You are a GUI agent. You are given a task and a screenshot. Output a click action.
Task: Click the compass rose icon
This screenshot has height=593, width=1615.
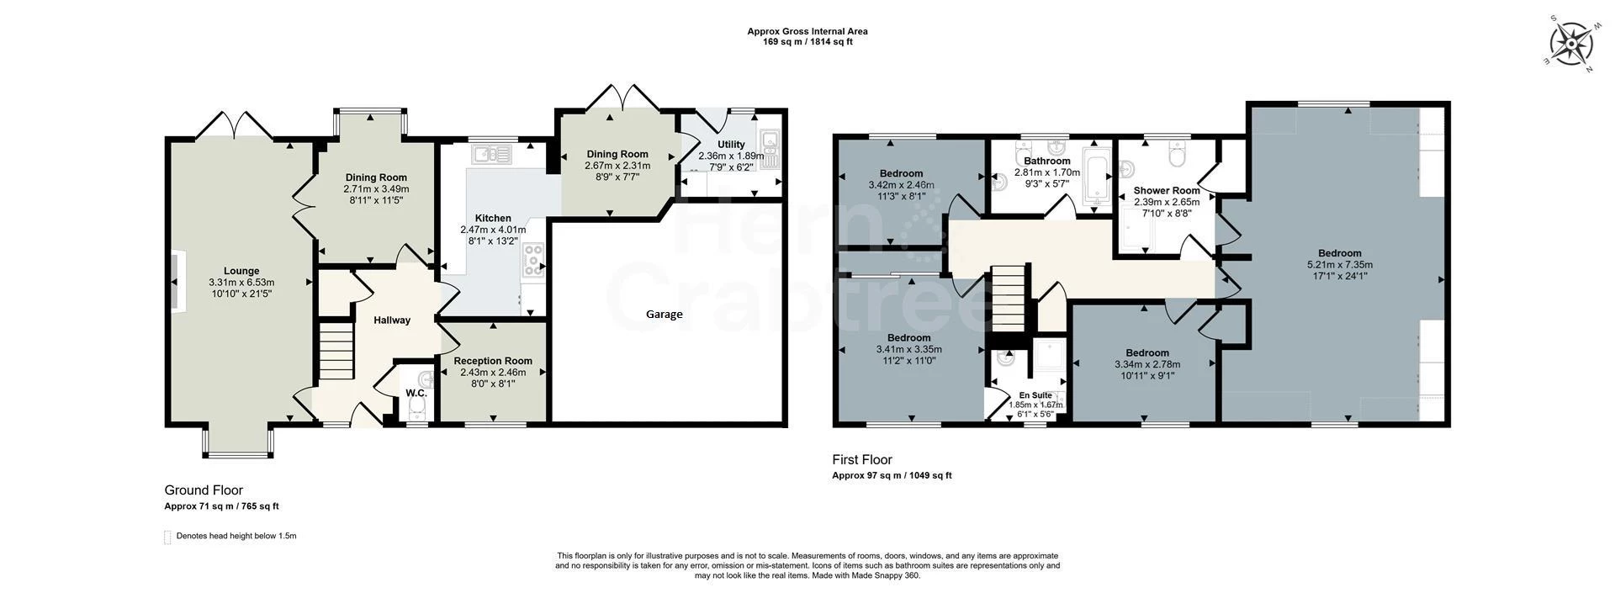pyautogui.click(x=1570, y=43)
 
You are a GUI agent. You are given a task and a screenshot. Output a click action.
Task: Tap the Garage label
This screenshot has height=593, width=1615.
pyautogui.click(x=664, y=314)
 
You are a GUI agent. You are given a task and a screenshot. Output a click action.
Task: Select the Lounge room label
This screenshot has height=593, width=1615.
pyautogui.click(x=241, y=271)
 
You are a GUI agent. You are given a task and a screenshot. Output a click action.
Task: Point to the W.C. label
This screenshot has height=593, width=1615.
pyautogui.click(x=416, y=393)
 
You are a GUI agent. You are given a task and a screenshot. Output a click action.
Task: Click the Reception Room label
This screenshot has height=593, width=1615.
pyautogui.click(x=493, y=361)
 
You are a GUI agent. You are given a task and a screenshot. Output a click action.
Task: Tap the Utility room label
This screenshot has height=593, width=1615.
pyautogui.click(x=730, y=145)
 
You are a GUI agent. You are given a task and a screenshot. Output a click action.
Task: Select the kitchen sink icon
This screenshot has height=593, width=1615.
pyautogui.click(x=492, y=153)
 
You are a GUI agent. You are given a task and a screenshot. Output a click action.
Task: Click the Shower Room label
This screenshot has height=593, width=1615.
pyautogui.click(x=1167, y=190)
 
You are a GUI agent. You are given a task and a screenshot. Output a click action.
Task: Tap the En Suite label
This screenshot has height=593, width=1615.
pyautogui.click(x=1035, y=395)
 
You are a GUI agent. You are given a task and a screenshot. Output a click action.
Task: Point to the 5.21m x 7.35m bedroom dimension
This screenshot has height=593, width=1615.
pyautogui.click(x=1339, y=264)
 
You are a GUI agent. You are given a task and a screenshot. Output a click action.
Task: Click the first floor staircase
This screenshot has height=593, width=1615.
pyautogui.click(x=1009, y=299)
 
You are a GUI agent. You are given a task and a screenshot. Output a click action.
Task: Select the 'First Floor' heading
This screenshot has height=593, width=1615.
pyautogui.click(x=861, y=459)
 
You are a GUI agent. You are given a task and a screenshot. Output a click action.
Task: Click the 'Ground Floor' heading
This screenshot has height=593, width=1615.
pyautogui.click(x=204, y=490)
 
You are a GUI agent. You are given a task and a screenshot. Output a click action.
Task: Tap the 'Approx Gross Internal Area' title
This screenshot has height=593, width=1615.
pyautogui.click(x=807, y=31)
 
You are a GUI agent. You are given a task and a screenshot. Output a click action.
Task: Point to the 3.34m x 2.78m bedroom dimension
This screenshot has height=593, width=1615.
pyautogui.click(x=1146, y=364)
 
